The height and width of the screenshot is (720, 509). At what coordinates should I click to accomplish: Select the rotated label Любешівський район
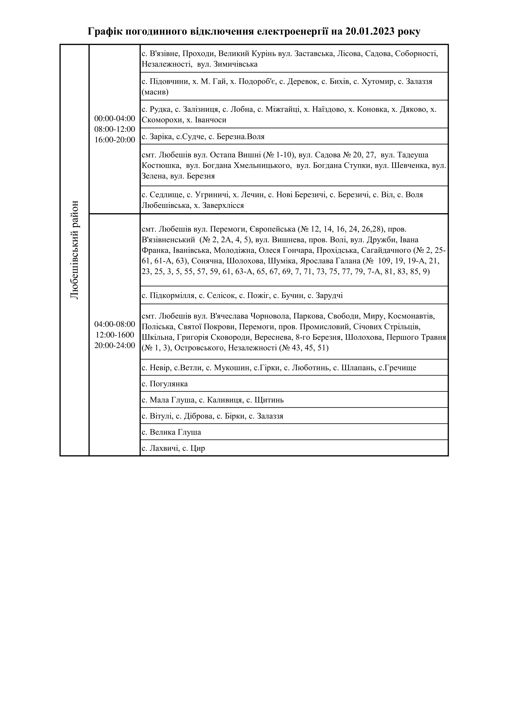(74, 250)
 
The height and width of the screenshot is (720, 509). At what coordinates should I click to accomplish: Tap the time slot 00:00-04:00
(114, 119)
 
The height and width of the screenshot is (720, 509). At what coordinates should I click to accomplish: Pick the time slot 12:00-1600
(114, 335)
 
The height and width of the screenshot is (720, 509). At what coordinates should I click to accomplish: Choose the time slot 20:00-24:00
(114, 345)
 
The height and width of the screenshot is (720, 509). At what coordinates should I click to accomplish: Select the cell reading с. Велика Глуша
(171, 432)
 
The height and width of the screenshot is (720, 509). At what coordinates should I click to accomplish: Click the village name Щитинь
(270, 400)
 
